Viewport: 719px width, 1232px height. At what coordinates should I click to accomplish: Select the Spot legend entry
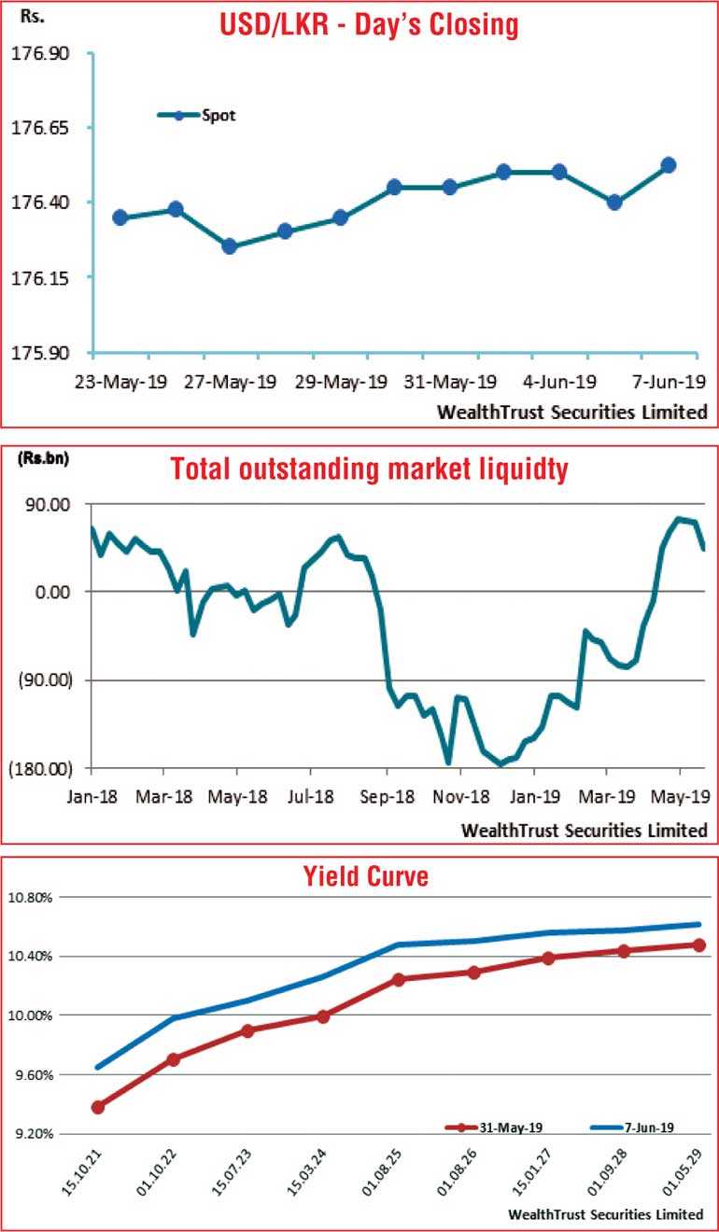click(x=219, y=116)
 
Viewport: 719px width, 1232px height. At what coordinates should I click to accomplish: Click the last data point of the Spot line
click(x=668, y=165)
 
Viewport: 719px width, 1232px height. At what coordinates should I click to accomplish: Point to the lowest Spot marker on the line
click(x=229, y=246)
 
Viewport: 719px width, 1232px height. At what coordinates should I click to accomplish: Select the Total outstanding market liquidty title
click(x=369, y=469)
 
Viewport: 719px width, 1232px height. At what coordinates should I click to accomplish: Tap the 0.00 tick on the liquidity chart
click(x=52, y=592)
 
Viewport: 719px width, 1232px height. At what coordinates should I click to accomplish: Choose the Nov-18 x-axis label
click(x=459, y=799)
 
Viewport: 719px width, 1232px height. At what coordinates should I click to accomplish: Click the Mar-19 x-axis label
click(x=607, y=799)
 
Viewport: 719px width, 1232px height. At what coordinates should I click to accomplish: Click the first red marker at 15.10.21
click(x=97, y=1107)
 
